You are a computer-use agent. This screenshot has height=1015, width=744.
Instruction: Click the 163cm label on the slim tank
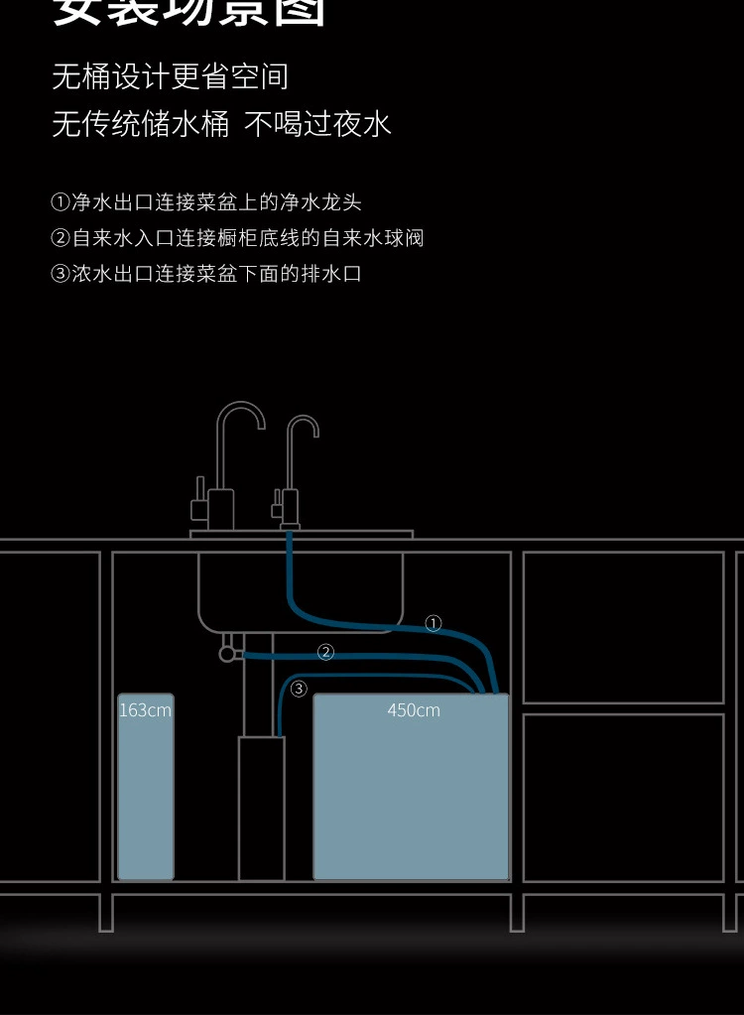(x=145, y=710)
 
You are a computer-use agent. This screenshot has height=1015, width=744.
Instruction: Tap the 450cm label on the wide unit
(x=414, y=710)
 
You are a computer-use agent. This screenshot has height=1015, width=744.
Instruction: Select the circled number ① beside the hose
(x=434, y=624)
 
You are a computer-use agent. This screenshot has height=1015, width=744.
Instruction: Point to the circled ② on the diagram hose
(x=325, y=652)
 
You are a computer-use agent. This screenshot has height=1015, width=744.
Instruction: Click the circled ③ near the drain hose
(x=299, y=689)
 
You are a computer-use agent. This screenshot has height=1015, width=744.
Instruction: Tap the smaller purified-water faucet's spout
(x=303, y=425)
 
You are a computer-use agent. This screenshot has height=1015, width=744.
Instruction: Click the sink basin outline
(x=301, y=590)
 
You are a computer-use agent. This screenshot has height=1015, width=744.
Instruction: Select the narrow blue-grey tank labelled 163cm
(x=145, y=794)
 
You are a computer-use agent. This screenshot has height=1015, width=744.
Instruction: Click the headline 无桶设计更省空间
(x=170, y=76)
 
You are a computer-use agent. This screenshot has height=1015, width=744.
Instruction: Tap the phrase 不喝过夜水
(x=317, y=124)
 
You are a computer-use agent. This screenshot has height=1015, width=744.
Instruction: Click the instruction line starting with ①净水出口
(x=206, y=202)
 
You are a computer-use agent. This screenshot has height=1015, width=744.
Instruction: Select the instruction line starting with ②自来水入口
(x=237, y=238)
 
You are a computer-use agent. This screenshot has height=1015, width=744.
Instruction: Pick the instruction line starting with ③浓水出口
(x=206, y=274)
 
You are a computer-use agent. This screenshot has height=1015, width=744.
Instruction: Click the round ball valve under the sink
(x=227, y=654)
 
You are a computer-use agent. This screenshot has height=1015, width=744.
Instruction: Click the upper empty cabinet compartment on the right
(x=623, y=626)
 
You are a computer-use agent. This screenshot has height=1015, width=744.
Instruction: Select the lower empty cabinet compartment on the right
(x=623, y=797)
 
